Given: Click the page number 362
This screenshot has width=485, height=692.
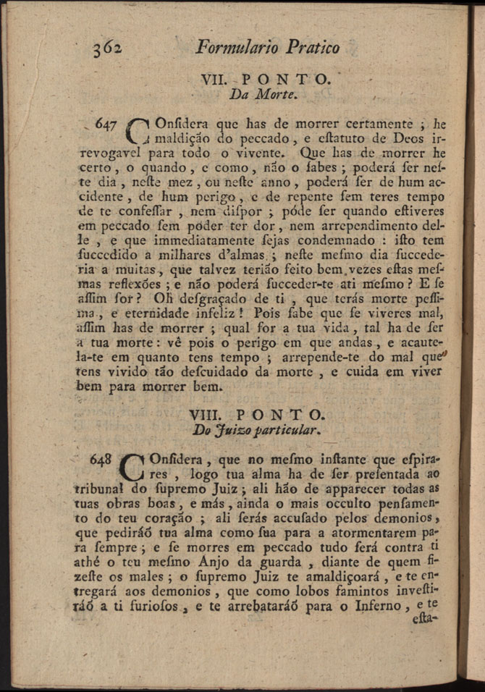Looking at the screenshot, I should pos(106,48).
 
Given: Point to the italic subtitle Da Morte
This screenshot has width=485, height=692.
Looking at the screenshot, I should pos(258,94).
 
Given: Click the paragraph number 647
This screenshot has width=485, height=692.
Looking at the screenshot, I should pos(106,124).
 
